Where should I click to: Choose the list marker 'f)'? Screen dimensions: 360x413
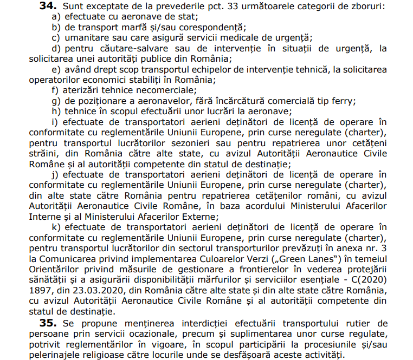coord(55,90)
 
